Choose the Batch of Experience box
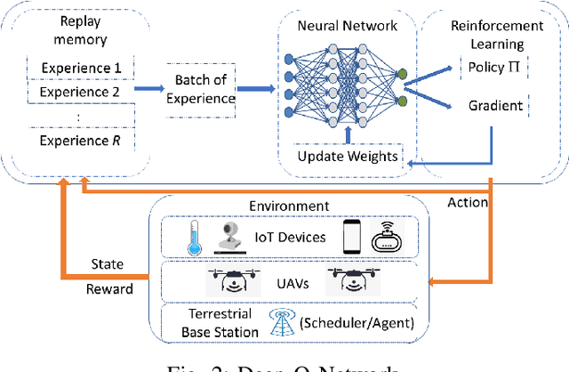click(x=201, y=90)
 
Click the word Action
click(x=469, y=202)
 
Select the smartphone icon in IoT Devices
click(x=350, y=236)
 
